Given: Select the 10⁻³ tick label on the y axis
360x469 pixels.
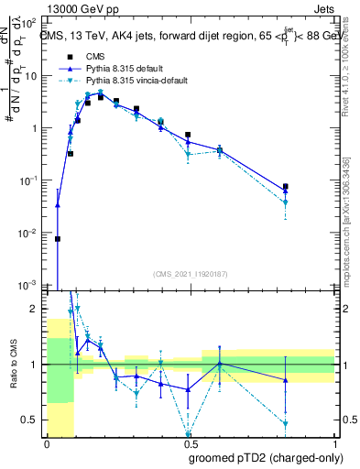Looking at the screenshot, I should [x=29, y=285].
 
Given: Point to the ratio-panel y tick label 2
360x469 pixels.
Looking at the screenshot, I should [x=35, y=309].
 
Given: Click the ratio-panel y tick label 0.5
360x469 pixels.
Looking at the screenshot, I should [x=30, y=420].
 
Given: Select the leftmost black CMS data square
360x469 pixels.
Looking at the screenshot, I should [x=58, y=238].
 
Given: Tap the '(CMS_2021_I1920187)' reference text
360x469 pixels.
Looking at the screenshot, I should [x=190, y=274].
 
